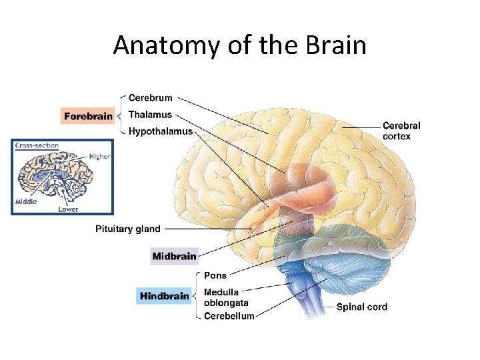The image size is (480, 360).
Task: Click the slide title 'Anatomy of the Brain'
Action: point(239,45)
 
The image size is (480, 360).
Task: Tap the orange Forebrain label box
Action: point(87,115)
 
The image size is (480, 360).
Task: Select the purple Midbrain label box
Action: point(174,256)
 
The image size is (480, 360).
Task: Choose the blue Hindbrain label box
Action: point(164,295)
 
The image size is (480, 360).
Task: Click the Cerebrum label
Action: point(150,98)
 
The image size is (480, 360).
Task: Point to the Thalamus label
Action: point(149,115)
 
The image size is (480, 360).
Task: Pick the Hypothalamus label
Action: point(160,131)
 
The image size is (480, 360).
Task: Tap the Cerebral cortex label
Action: point(401,131)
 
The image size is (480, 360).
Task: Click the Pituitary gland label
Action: point(128,229)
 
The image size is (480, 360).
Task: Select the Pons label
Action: point(215,275)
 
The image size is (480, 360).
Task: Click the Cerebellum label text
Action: point(229,316)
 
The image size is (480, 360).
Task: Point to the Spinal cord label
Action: point(361,307)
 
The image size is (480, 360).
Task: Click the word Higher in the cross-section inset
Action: point(99,157)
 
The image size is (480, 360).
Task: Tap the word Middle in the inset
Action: point(26,201)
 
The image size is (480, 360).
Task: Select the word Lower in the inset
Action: point(67,209)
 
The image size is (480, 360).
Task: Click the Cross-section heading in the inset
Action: point(37,146)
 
